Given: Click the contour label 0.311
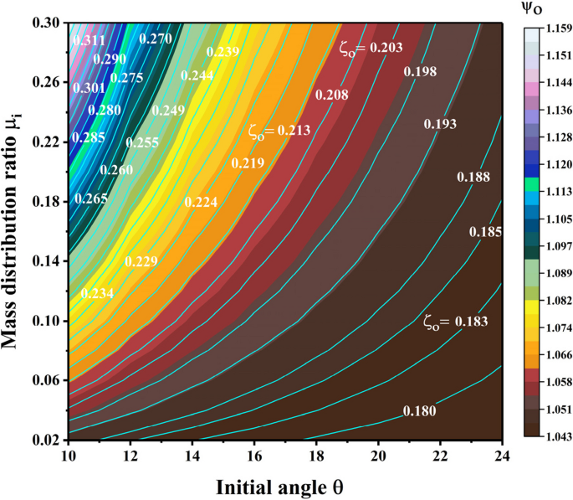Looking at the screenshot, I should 88,39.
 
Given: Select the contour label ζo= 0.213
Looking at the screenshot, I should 279,131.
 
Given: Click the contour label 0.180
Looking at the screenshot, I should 418,410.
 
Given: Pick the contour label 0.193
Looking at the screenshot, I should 440,124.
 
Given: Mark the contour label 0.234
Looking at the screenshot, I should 97,293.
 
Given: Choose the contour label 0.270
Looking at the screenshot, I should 155,38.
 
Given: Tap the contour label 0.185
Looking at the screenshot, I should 484,231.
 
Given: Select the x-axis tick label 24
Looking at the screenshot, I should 501,452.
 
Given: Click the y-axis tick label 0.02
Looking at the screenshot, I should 46,439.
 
